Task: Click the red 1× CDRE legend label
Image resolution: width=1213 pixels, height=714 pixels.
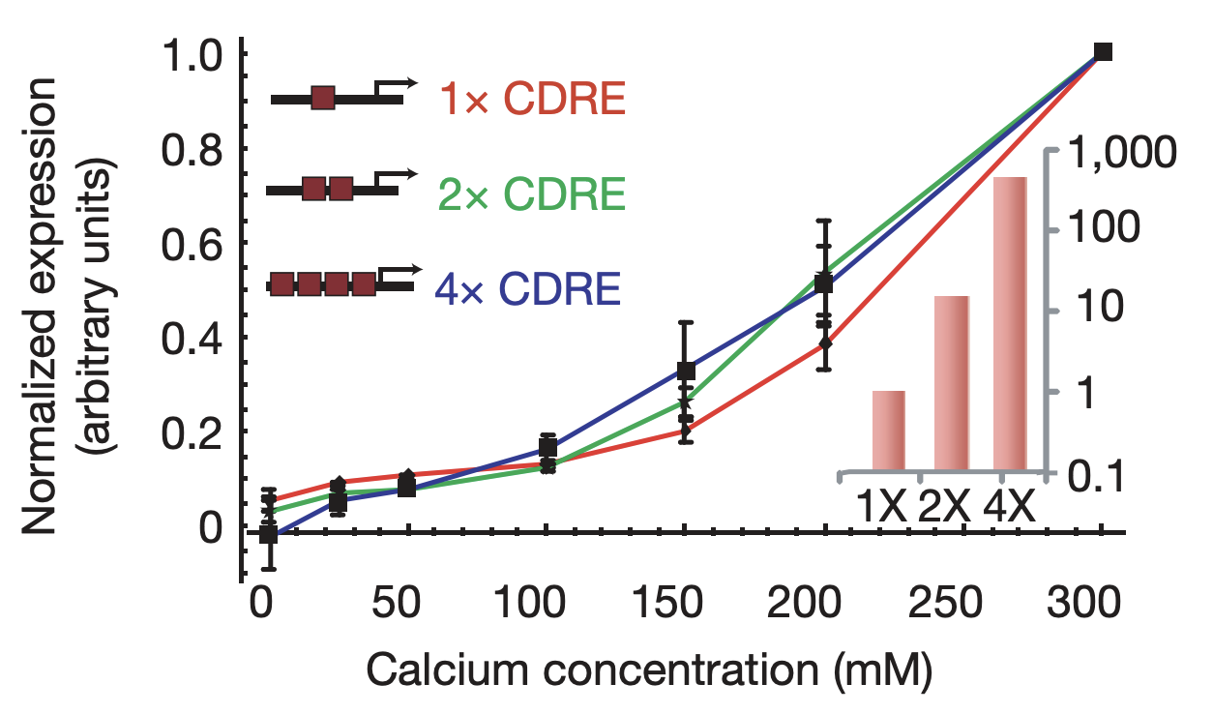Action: coord(532,99)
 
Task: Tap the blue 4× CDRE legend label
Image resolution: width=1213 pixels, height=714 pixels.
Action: coord(527,287)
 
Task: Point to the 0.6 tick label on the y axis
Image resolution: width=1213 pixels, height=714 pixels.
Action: coord(190,244)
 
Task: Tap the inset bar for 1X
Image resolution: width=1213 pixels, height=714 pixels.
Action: coord(888,431)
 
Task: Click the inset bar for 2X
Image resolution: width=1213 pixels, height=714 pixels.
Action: coord(951,384)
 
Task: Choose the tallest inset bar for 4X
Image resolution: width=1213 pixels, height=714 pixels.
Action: coord(1011,325)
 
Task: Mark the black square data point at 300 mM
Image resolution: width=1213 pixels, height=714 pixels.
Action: coord(1102,52)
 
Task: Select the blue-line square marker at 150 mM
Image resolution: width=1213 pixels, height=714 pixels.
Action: coord(686,371)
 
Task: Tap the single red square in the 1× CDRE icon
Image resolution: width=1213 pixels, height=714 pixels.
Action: coord(323,99)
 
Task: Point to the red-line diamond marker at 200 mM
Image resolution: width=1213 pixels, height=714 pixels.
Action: coord(825,343)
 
